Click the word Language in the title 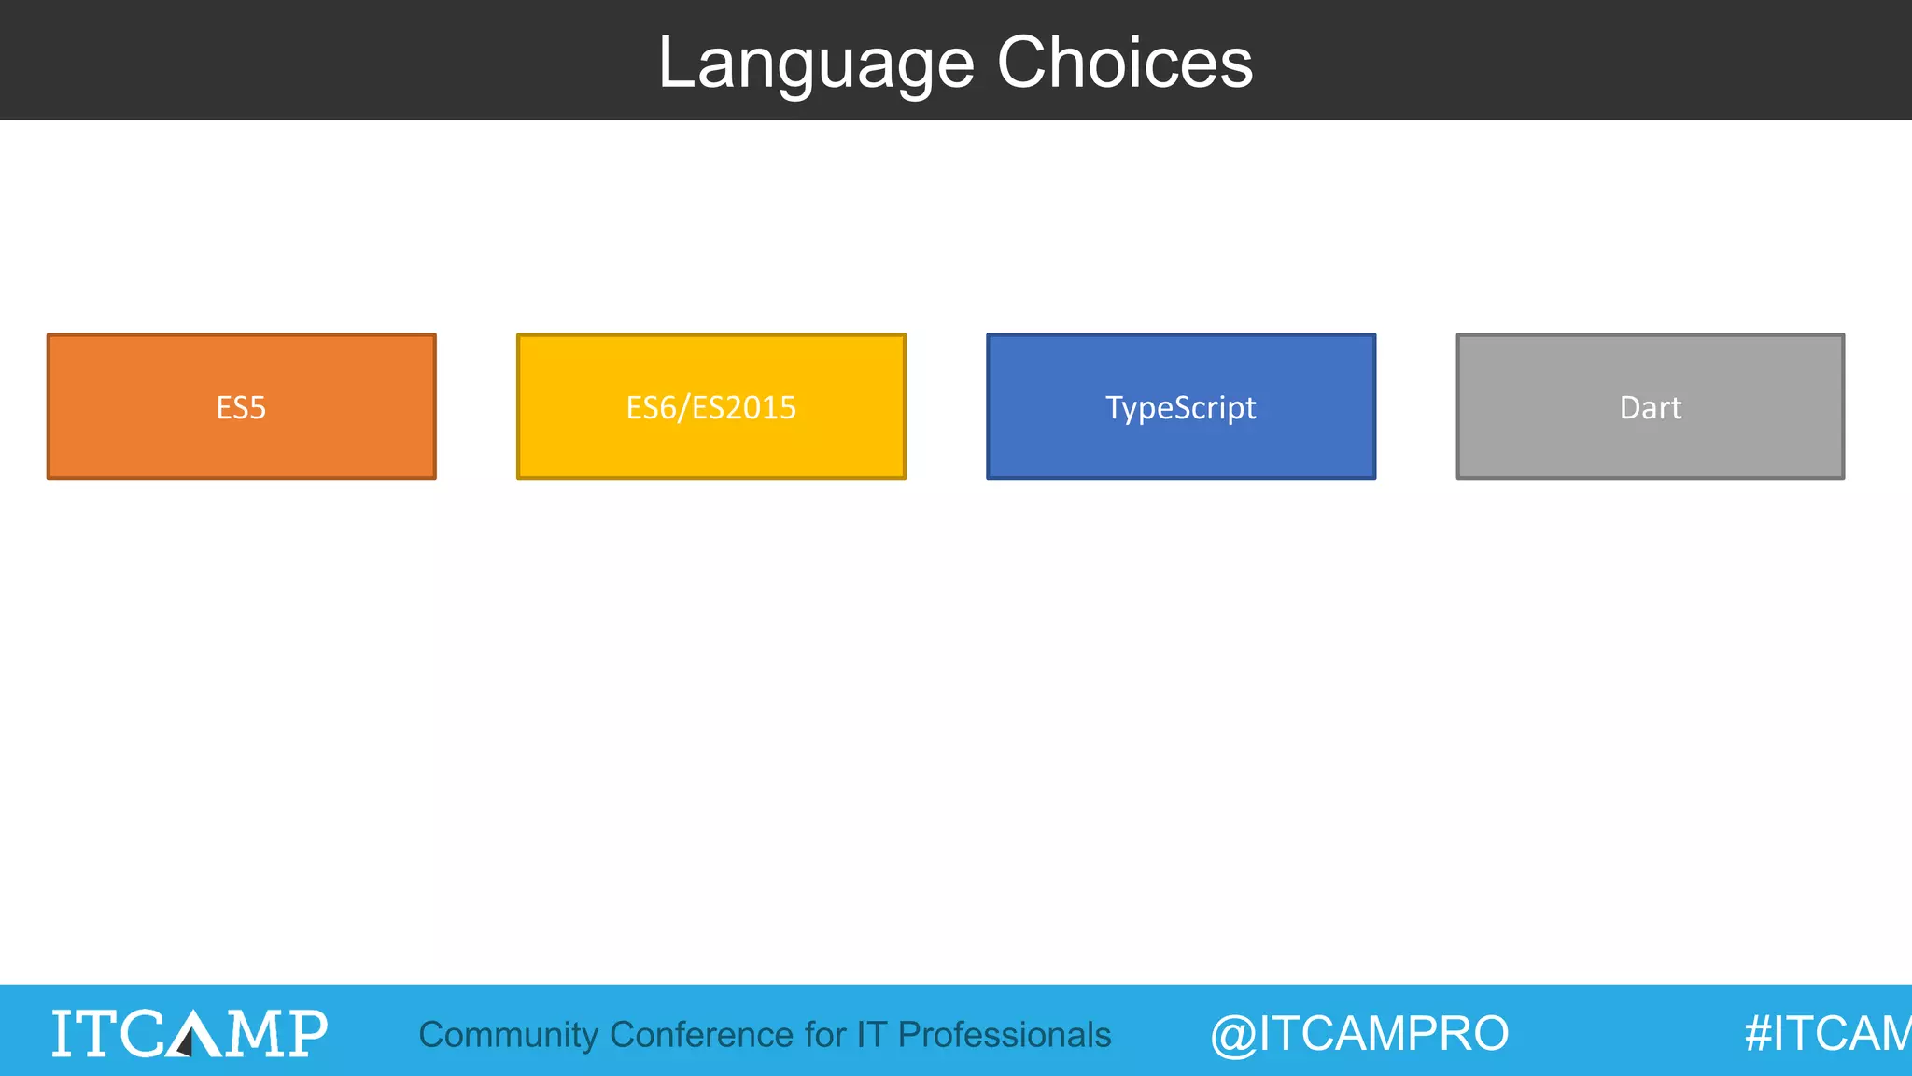(816, 64)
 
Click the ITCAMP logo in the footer (190, 1033)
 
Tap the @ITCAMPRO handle (1359, 1034)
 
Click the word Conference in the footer (701, 1035)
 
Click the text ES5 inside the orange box (241, 408)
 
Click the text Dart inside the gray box (1650, 408)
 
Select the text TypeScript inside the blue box (1180, 408)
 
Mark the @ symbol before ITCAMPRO (1233, 1036)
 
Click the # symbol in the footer (1758, 1034)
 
